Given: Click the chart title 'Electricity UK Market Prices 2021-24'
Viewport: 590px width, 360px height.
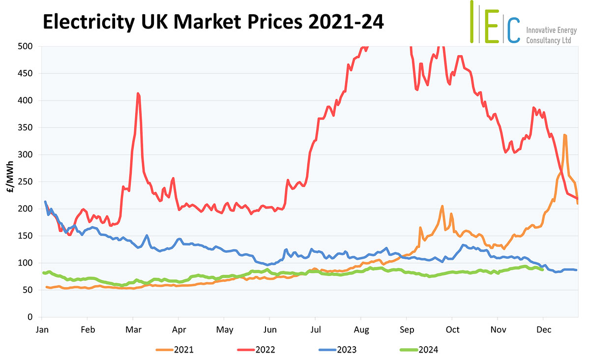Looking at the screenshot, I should [213, 23].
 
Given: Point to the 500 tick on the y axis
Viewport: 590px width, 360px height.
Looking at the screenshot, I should [26, 47].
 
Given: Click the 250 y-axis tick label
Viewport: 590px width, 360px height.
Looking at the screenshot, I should [26, 182].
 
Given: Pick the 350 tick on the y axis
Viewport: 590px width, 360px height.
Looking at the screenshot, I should [26, 128].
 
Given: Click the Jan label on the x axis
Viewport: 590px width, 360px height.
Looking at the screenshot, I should [42, 329].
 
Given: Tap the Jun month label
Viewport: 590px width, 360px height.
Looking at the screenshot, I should [270, 329].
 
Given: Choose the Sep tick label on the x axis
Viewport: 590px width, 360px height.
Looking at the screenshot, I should [407, 329].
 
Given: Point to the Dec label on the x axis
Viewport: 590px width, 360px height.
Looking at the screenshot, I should [543, 329].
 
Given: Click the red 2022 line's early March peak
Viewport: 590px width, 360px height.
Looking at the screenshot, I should [138, 93].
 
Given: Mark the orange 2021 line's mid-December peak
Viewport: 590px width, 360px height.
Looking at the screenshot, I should [565, 135].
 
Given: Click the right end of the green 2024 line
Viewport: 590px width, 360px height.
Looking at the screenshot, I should [542, 270].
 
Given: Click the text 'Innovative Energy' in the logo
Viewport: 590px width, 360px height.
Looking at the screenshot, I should [551, 30].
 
